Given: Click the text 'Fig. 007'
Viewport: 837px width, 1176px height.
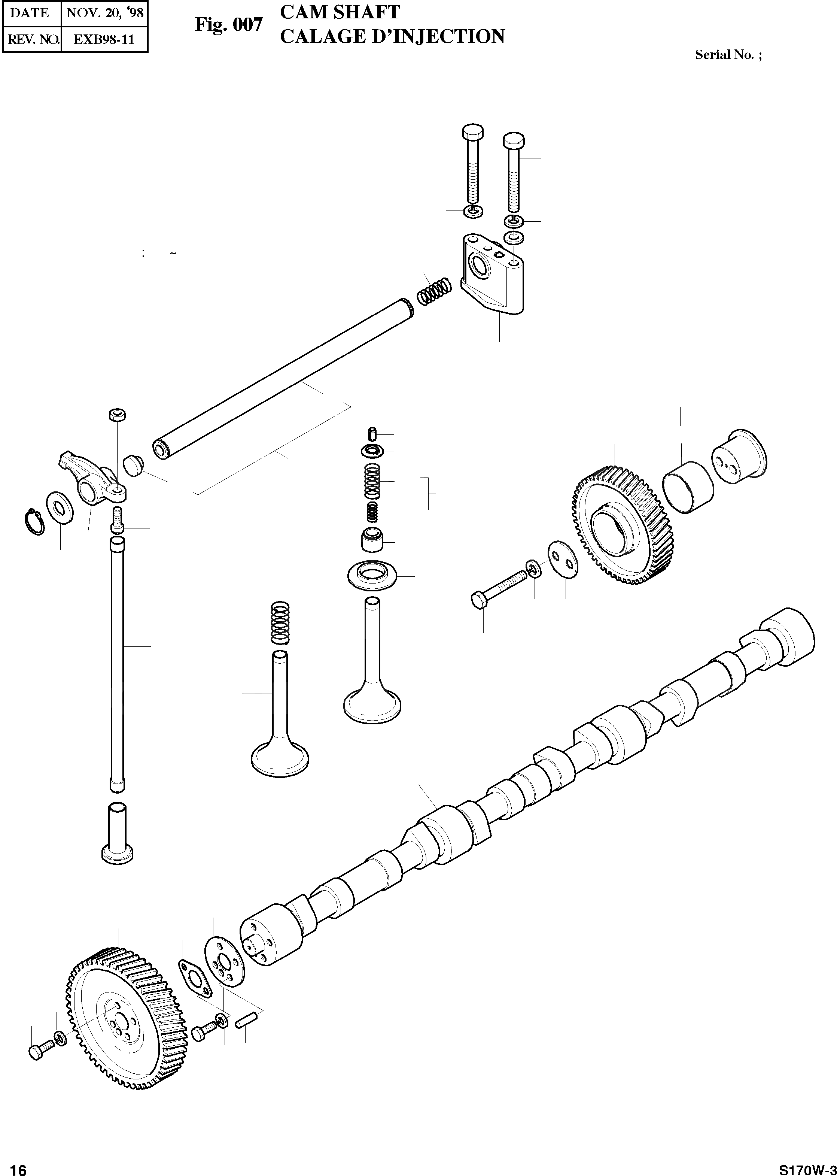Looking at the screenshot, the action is click(x=228, y=24).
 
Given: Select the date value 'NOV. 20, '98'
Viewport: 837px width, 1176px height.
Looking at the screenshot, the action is click(x=105, y=13).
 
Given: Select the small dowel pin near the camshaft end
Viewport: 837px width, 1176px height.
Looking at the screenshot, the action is click(x=242, y=1022).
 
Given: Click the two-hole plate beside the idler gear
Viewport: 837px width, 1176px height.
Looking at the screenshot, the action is click(x=562, y=560).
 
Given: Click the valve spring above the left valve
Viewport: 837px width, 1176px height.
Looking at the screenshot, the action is click(x=280, y=623).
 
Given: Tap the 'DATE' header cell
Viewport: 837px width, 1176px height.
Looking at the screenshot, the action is click(x=30, y=13).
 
